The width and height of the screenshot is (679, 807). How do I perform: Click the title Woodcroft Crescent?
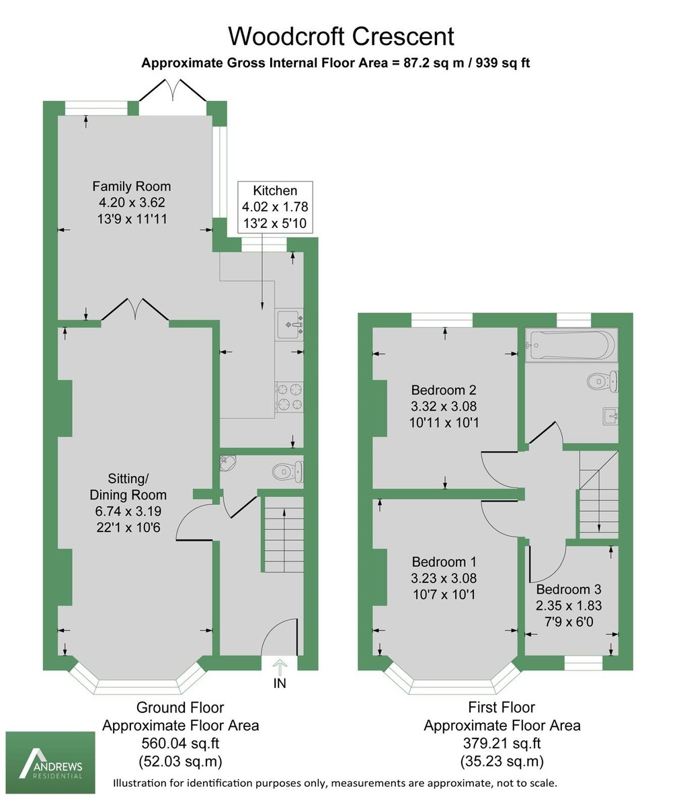342,36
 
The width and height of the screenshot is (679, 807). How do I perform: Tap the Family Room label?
131,186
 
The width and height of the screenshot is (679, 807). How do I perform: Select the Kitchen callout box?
276,206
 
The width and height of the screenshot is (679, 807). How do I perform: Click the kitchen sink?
289,324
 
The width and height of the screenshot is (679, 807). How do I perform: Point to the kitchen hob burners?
289,396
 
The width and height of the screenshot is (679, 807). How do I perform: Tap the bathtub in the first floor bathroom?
571,345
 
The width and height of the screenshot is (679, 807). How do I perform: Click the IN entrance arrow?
280,666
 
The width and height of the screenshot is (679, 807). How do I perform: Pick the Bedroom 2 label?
444,389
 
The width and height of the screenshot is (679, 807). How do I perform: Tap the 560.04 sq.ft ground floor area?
180,744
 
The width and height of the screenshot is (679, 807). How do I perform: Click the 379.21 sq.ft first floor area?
502,744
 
